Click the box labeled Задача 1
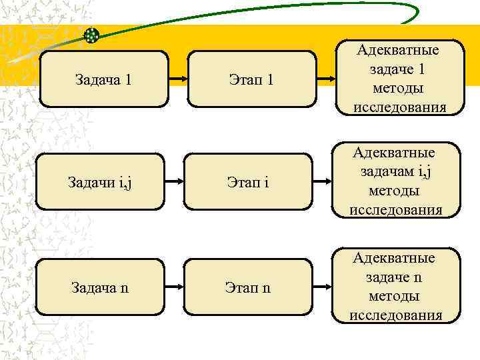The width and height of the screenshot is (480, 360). pyautogui.click(x=105, y=79)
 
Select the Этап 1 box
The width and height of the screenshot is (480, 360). pyautogui.click(x=251, y=79)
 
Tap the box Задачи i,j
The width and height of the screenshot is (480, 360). pyautogui.click(x=100, y=182)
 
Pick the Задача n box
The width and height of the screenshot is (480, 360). pyautogui.click(x=100, y=288)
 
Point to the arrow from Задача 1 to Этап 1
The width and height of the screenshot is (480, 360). pyautogui.click(x=177, y=79)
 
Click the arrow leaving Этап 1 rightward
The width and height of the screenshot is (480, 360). pyautogui.click(x=324, y=79)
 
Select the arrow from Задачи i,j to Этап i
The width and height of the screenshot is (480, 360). pyautogui.click(x=173, y=181)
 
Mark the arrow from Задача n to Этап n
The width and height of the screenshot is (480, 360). pyautogui.click(x=173, y=288)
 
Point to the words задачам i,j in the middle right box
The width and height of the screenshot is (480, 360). pyautogui.click(x=397, y=172)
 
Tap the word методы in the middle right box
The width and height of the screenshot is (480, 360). pyautogui.click(x=394, y=191)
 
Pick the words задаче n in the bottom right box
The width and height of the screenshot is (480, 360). pyautogui.click(x=394, y=277)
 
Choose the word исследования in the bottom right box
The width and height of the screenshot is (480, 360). pyautogui.click(x=396, y=315)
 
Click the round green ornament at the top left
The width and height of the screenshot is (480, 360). pyautogui.click(x=92, y=35)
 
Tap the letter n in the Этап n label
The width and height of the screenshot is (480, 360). pyautogui.click(x=267, y=289)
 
